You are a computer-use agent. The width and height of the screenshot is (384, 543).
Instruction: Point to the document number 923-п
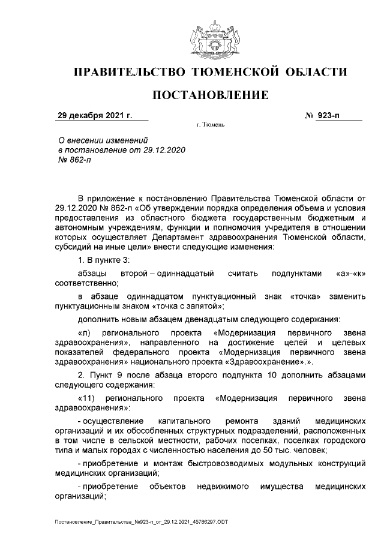328,116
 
